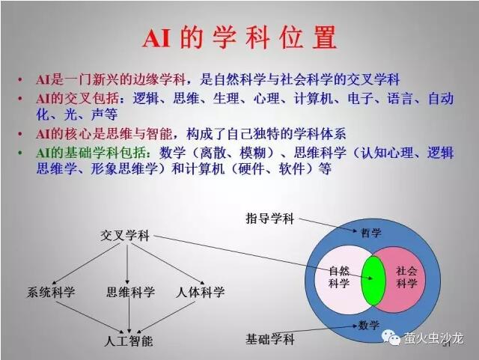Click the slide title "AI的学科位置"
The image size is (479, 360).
click(x=239, y=38)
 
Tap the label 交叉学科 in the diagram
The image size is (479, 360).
click(x=125, y=236)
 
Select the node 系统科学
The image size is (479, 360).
click(x=51, y=292)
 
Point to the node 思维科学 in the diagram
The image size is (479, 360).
click(x=130, y=292)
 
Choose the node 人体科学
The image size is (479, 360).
click(x=200, y=292)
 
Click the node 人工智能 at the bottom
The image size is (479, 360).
click(x=128, y=341)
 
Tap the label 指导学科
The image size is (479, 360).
click(x=269, y=219)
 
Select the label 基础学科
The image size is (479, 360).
click(x=270, y=339)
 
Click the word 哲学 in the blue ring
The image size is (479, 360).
click(x=371, y=233)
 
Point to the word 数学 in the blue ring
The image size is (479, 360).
click(x=369, y=325)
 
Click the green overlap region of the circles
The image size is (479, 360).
click(x=373, y=281)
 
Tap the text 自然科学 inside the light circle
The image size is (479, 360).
click(x=339, y=277)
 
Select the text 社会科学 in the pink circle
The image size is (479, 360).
click(x=406, y=277)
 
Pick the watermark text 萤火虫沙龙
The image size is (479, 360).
click(x=433, y=338)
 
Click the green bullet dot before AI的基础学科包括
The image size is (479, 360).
click(x=20, y=152)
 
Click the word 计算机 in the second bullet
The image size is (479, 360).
click(x=314, y=98)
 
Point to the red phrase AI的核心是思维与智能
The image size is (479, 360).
click(x=103, y=134)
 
